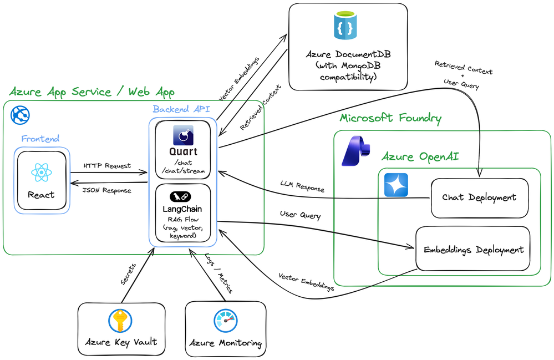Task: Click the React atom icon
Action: pyautogui.click(x=42, y=173)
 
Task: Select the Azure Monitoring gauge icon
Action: pyautogui.click(x=226, y=321)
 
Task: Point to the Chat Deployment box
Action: pyautogui.click(x=479, y=197)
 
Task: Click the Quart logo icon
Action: pyautogui.click(x=184, y=136)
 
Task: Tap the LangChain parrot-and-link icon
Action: pyautogui.click(x=184, y=196)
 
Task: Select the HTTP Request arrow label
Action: pyautogui.click(x=107, y=165)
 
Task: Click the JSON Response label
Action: pyautogui.click(x=107, y=190)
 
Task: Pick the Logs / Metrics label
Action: pyautogui.click(x=217, y=273)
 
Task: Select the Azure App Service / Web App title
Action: pyautogui.click(x=92, y=92)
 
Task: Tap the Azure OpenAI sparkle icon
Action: pyautogui.click(x=396, y=185)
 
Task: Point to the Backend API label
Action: pyautogui.click(x=181, y=109)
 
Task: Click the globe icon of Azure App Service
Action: pyautogui.click(x=21, y=115)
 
